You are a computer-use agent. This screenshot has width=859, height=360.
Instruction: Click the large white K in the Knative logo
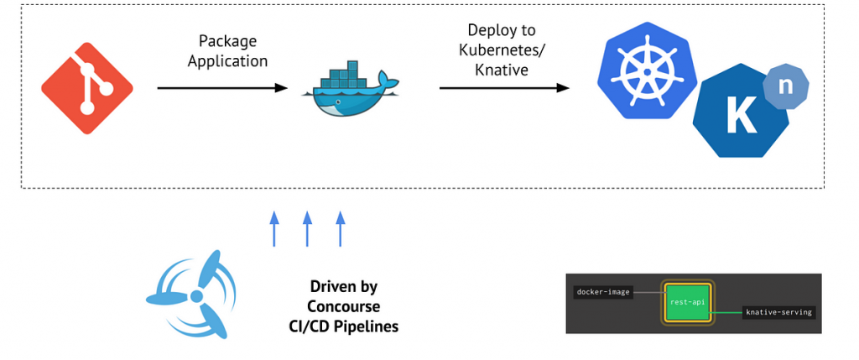tap(741, 118)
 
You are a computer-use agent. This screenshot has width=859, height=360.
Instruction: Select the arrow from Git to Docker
tap(222, 87)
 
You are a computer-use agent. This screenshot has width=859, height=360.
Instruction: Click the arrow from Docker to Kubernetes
tap(503, 87)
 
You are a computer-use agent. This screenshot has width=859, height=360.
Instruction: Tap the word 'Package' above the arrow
tap(227, 41)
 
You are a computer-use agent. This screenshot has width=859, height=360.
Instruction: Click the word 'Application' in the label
tap(227, 61)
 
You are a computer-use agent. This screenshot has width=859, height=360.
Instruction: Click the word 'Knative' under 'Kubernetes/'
tap(502, 70)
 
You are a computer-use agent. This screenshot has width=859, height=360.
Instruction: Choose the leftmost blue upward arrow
tap(273, 229)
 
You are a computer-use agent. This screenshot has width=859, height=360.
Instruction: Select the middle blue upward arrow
tap(307, 229)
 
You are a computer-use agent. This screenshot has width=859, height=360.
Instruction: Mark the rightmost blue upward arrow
tap(341, 229)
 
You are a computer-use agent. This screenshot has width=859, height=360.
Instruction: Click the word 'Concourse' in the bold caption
tap(343, 306)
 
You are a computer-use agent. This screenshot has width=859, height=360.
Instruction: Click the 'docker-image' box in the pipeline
tap(603, 292)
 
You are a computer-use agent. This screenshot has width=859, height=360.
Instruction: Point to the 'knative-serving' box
tap(778, 312)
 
